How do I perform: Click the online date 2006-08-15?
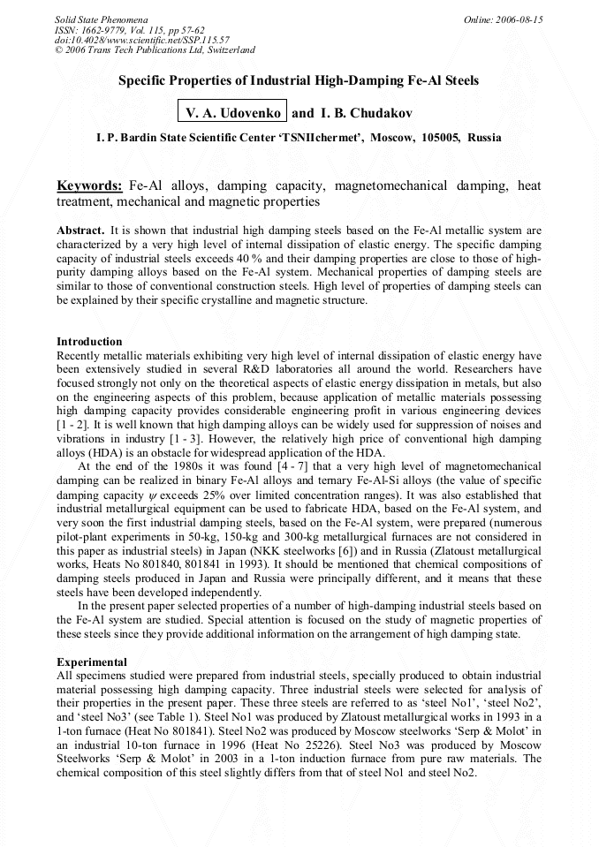tap(518, 19)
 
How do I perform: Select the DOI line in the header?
tap(142, 40)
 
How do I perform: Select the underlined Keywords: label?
tap(89, 186)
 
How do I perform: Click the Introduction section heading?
tap(89, 342)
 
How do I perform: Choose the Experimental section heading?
tap(92, 662)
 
